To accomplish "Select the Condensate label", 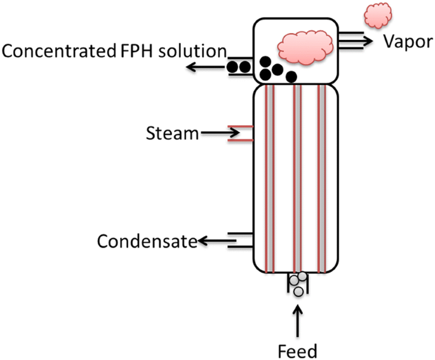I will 146,241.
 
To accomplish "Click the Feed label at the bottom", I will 297,350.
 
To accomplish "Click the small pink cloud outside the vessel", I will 378,15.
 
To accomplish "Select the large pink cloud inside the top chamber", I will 305,48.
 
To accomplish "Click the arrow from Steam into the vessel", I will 219,133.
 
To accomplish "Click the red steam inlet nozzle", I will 244,133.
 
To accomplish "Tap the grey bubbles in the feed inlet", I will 298,283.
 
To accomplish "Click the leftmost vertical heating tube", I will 269,178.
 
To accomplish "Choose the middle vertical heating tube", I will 297,178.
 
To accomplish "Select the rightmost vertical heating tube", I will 322,178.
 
